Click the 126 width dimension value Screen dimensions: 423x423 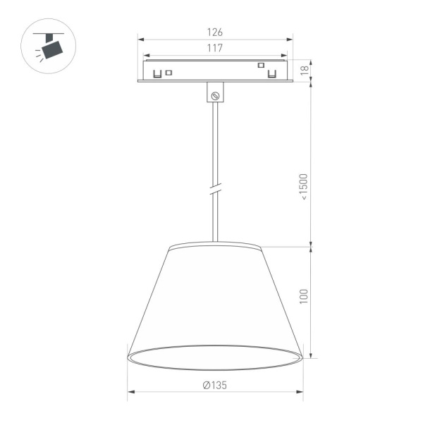tap(215, 32)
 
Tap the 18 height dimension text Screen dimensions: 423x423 tap(305, 70)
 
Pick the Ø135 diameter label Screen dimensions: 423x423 tap(214, 386)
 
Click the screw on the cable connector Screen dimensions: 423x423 tap(216, 94)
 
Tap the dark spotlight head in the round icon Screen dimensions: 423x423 tap(52, 49)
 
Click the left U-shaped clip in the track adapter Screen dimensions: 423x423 tap(157, 72)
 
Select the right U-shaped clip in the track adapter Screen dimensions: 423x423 tap(271, 72)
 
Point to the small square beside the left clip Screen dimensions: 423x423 tap(168, 71)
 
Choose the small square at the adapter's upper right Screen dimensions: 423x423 tap(260, 65)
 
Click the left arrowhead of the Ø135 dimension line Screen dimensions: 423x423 tap(130, 393)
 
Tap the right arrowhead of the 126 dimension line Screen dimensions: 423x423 tap(290, 39)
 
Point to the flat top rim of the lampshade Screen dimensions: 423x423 tap(215, 247)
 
